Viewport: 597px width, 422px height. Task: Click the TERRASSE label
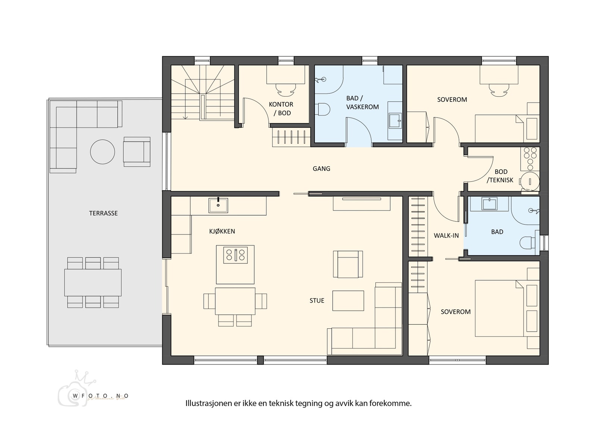point(103,213)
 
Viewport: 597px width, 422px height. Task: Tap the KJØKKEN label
point(222,231)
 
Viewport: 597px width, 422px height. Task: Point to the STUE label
point(317,301)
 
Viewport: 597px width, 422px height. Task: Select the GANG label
point(321,169)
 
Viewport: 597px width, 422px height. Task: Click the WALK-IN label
point(446,236)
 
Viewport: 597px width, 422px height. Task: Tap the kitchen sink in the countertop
point(218,205)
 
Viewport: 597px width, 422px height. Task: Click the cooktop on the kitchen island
point(235,255)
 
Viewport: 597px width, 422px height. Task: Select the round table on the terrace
point(103,152)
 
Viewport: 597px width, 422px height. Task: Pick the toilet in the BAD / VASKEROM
point(323,109)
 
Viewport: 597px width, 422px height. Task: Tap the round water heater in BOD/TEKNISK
point(530,182)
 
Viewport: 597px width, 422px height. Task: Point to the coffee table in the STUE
point(348,301)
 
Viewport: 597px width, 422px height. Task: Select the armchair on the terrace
point(137,152)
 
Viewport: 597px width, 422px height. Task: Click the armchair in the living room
point(348,265)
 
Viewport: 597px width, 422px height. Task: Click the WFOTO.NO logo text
point(100,396)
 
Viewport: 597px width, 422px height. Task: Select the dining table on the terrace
point(93,282)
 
